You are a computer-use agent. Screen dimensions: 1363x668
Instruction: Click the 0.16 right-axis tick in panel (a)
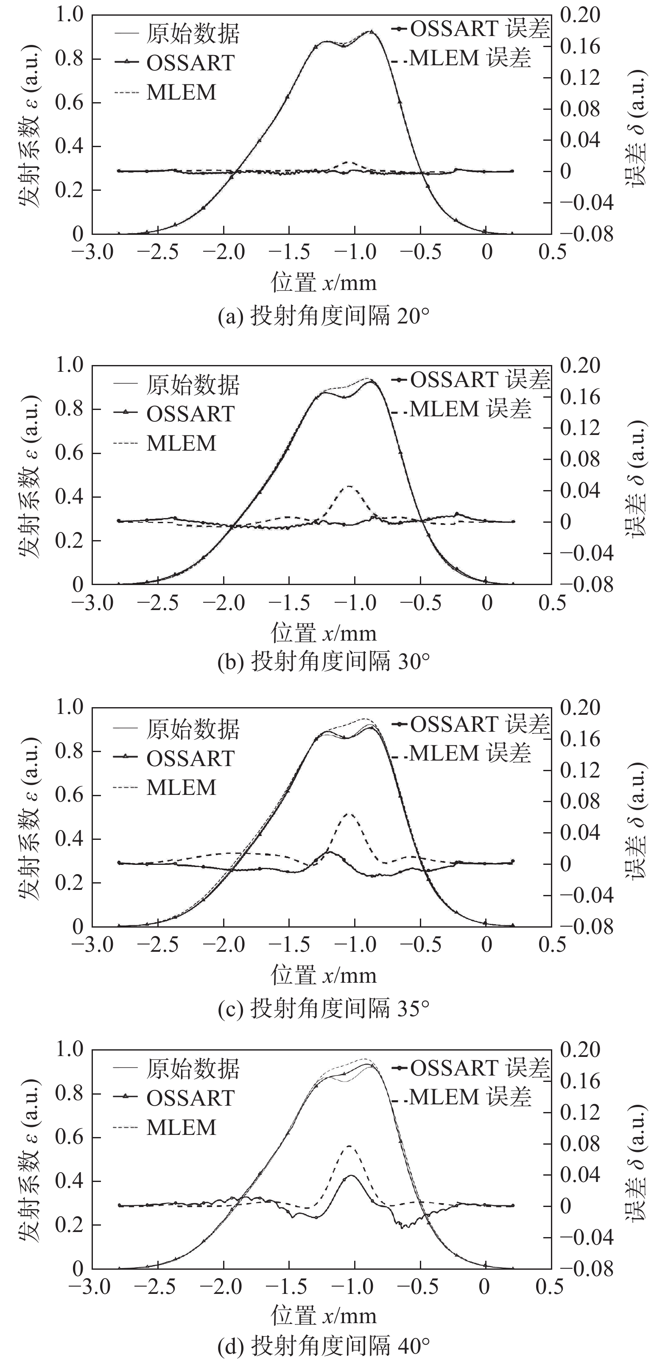coord(581,47)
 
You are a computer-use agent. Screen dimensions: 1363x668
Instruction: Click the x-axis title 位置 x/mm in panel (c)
coord(324,975)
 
